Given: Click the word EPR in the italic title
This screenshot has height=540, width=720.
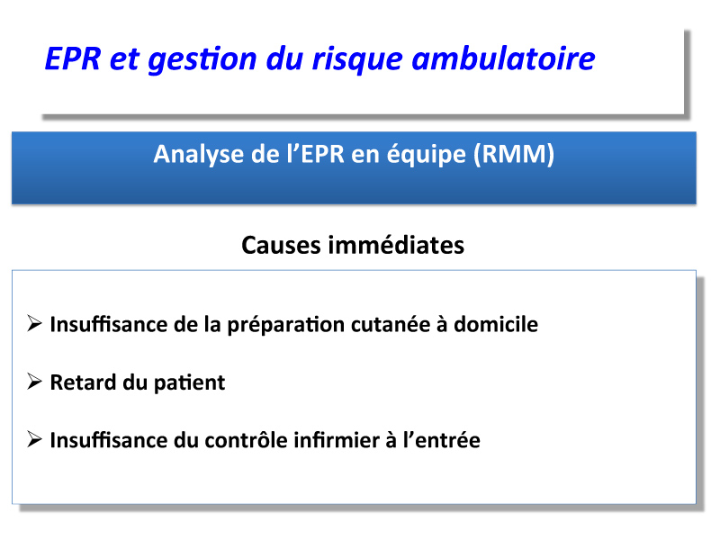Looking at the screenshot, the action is click(x=73, y=58).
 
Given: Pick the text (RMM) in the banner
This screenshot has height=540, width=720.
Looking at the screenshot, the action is click(x=514, y=154).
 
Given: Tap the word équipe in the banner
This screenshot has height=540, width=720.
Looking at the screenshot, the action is click(x=426, y=155).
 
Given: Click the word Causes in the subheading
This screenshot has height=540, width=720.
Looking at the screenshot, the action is click(x=281, y=245).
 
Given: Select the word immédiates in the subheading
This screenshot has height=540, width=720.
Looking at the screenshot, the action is click(x=396, y=245).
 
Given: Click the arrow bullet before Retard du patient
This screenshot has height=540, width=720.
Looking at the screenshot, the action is click(x=34, y=381).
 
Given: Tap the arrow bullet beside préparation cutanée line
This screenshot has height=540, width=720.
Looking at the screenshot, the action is click(x=34, y=323).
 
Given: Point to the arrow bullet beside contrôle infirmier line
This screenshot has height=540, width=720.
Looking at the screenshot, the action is click(x=34, y=439).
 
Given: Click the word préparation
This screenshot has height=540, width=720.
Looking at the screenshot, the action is click(x=286, y=325).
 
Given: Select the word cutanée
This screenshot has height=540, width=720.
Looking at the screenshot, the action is click(x=391, y=324).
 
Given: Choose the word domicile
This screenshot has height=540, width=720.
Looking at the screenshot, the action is click(x=496, y=324).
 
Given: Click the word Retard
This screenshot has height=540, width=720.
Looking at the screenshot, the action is click(x=83, y=382).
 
